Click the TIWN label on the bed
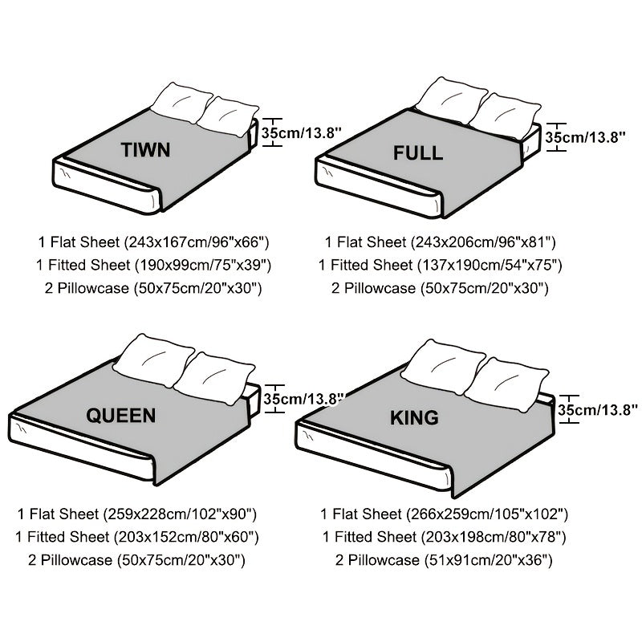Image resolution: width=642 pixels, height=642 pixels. (145, 150)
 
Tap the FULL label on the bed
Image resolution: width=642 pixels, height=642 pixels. (417, 153)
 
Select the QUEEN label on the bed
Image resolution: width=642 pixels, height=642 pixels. (121, 415)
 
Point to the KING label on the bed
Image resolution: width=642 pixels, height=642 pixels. (414, 417)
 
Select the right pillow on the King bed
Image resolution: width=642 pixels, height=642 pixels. (506, 384)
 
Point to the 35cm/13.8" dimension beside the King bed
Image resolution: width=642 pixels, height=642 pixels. (598, 410)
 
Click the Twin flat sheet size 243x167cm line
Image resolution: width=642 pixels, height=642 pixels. (153, 241)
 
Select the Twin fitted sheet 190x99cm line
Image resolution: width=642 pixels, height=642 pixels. (153, 264)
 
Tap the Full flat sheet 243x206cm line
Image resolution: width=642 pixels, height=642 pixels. (440, 241)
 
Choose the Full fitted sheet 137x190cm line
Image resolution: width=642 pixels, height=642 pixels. (440, 264)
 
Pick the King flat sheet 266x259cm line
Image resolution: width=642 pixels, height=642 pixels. (445, 514)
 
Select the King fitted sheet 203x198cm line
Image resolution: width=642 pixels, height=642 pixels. (445, 537)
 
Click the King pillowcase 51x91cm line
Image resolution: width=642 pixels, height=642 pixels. (445, 560)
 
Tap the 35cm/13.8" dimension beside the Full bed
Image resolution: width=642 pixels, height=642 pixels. (585, 136)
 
